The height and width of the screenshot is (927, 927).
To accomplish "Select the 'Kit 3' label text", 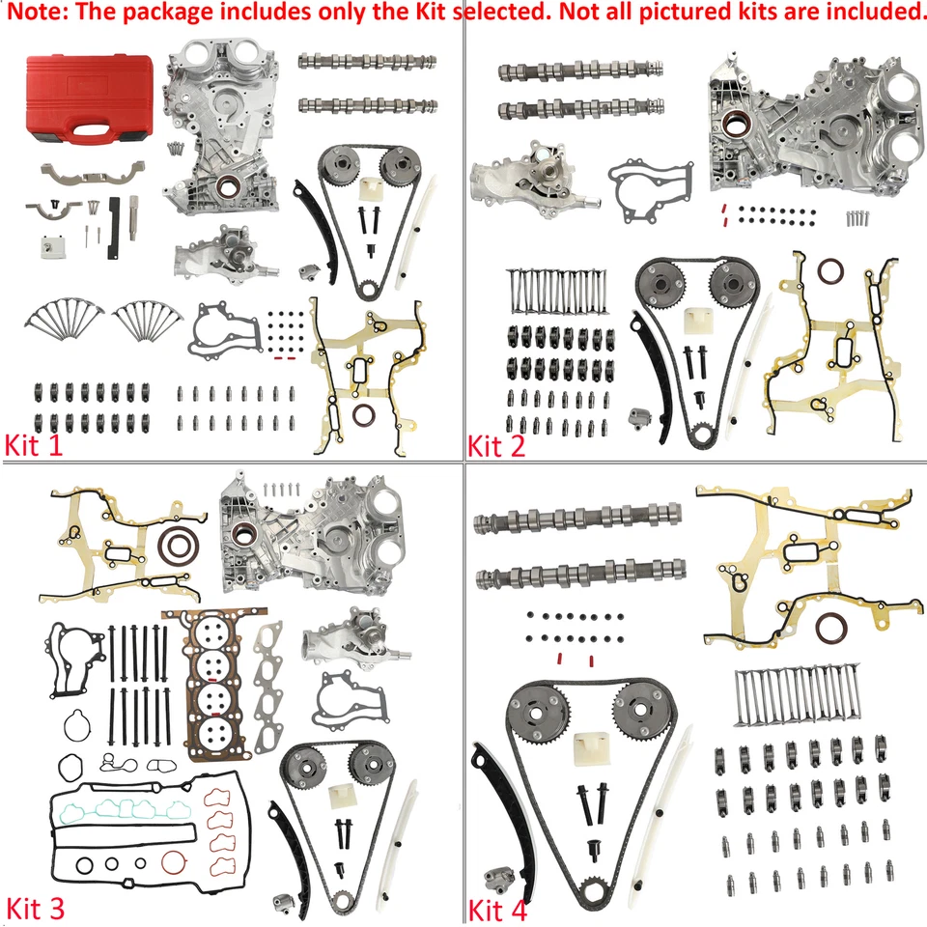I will pyautogui.click(x=36, y=909).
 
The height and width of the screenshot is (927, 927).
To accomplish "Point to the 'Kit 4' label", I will pyautogui.click(x=500, y=910).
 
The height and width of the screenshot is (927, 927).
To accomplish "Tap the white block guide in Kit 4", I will pyautogui.click(x=591, y=748).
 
